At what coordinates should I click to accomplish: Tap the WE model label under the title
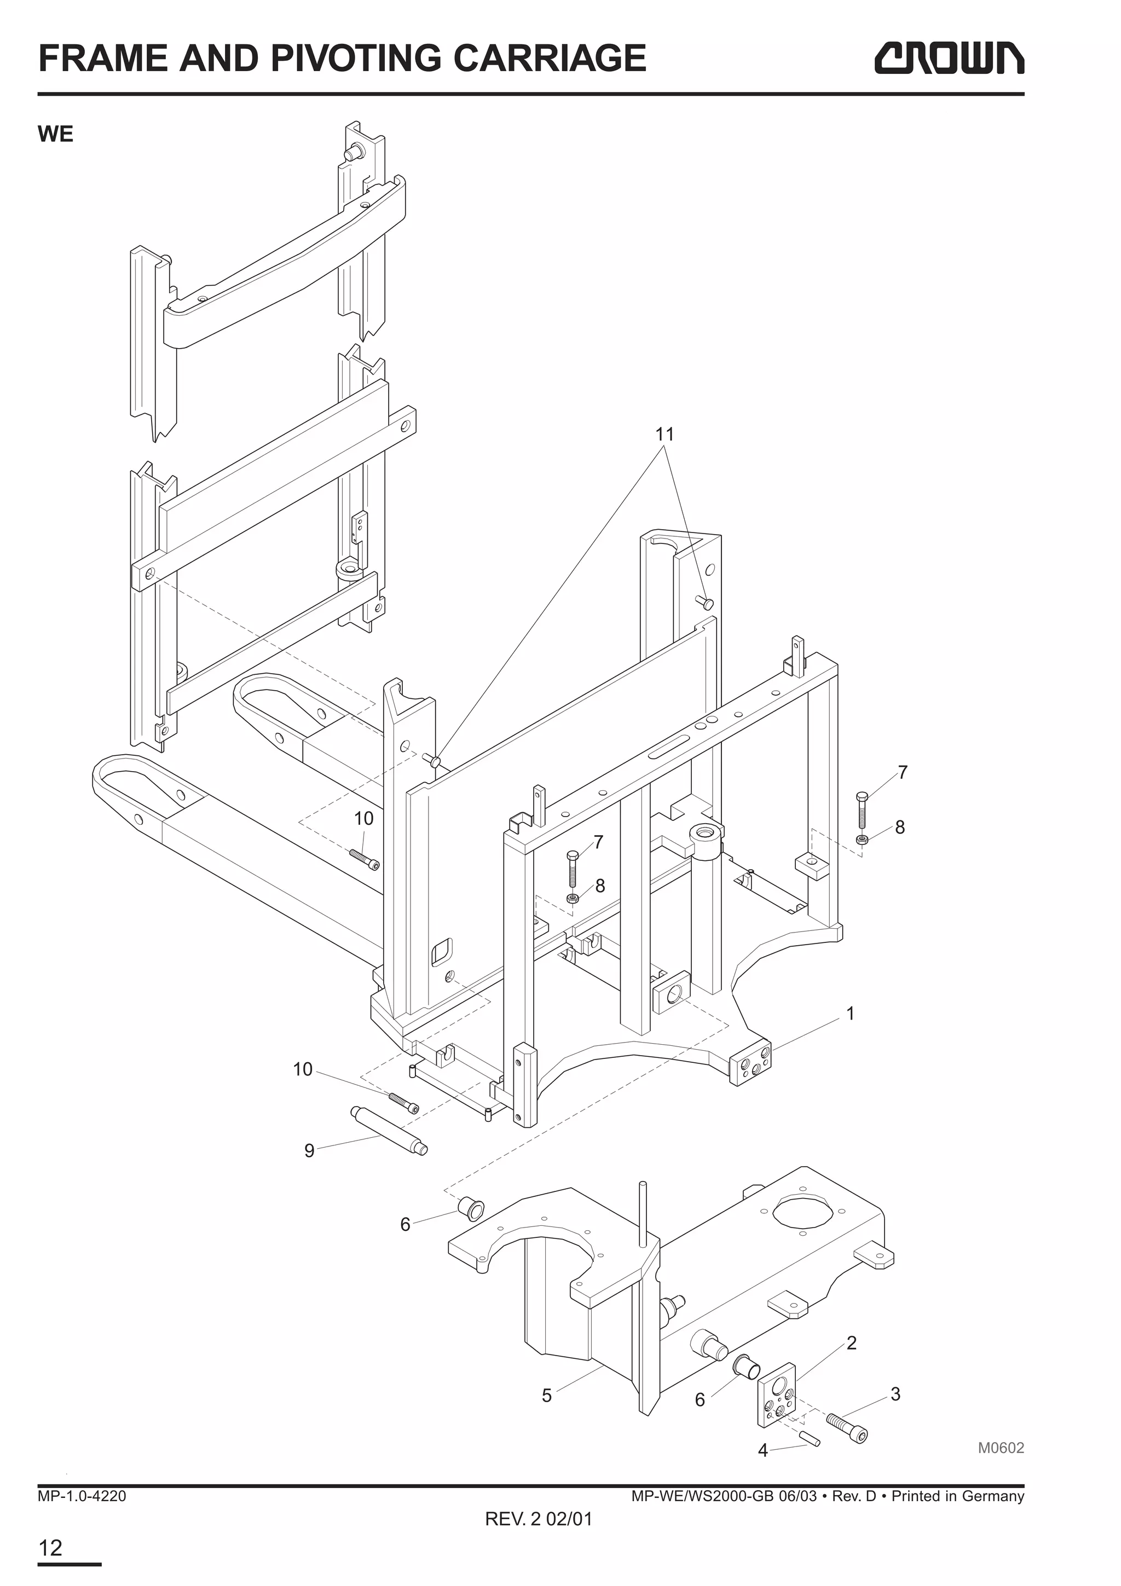click(55, 134)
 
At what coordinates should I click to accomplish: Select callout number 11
click(664, 435)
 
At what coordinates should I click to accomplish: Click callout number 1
click(850, 1014)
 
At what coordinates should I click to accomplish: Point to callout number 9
click(309, 1151)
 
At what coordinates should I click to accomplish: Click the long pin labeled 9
click(389, 1131)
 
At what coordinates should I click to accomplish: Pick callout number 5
click(546, 1396)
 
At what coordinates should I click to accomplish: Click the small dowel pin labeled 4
click(810, 1438)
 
